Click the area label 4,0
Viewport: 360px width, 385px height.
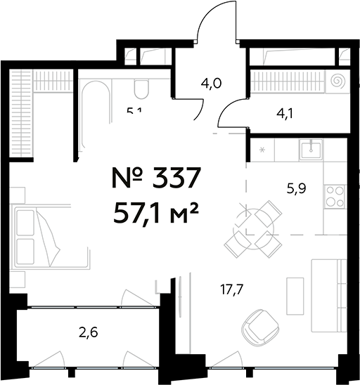click(x=211, y=83)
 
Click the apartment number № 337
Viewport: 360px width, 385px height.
click(x=157, y=178)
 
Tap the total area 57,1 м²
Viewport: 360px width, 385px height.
click(x=157, y=209)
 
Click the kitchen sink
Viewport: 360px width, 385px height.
click(x=309, y=148)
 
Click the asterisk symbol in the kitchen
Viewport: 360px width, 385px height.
click(x=262, y=150)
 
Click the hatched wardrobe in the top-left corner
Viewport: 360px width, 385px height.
click(x=21, y=112)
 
